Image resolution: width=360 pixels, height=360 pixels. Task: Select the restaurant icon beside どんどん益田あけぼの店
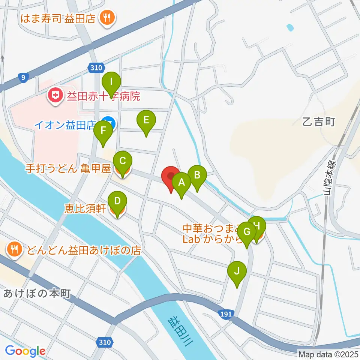[x=15, y=250]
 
